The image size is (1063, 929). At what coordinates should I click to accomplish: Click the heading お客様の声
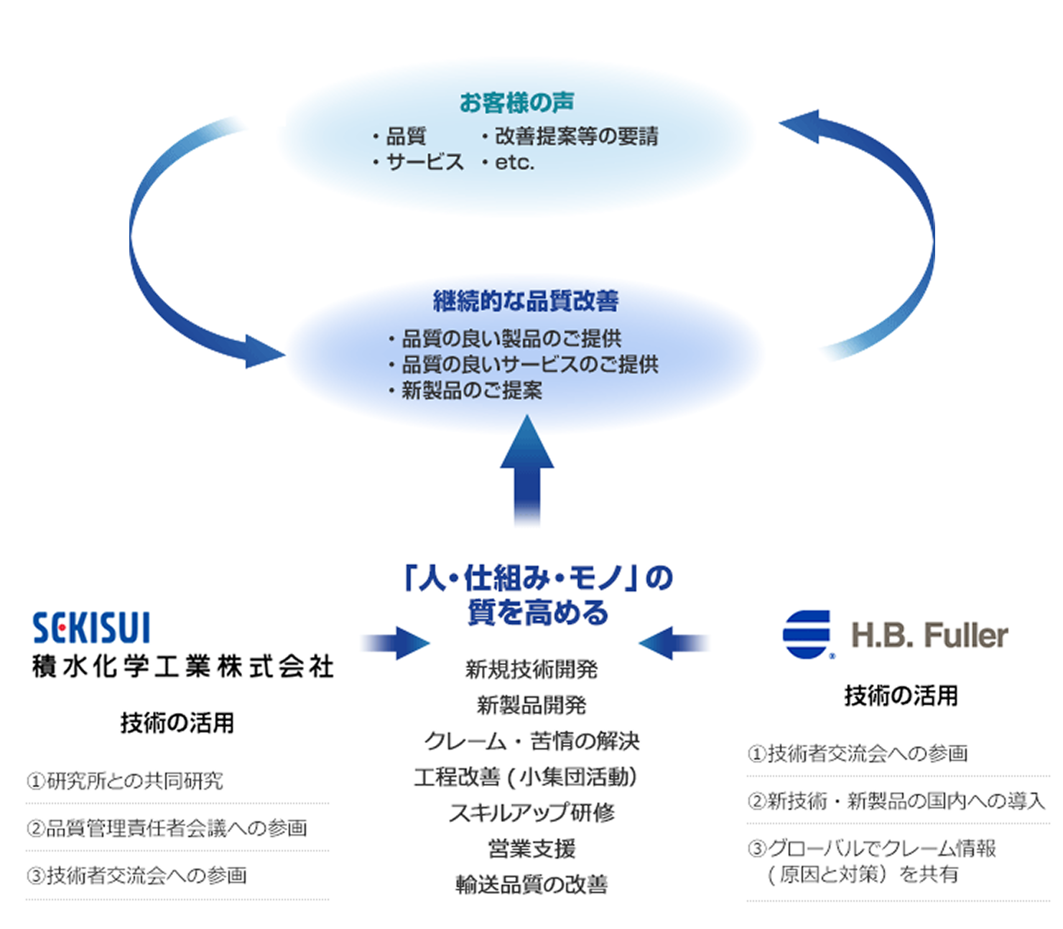pos(516,103)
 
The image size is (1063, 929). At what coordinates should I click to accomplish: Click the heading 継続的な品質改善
pos(526,301)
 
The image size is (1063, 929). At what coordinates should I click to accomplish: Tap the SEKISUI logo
pos(91,629)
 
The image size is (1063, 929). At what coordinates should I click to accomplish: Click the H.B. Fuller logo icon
pos(807,634)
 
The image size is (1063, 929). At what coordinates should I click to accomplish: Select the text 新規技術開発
pos(531,669)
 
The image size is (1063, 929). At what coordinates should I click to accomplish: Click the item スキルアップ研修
pos(531,813)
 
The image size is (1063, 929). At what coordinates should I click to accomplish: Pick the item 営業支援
pos(531,849)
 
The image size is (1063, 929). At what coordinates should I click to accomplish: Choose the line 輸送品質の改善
pos(531,884)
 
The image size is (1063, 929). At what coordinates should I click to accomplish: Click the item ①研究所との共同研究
pos(125,780)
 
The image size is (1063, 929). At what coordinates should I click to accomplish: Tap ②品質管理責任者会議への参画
pos(167,828)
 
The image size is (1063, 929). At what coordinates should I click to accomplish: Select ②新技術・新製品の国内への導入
pos(896,800)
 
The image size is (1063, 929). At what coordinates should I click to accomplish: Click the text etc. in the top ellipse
pos(514,163)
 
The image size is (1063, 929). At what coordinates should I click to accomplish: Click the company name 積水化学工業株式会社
pos(182,667)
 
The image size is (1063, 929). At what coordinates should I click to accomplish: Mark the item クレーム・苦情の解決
pos(531,741)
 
